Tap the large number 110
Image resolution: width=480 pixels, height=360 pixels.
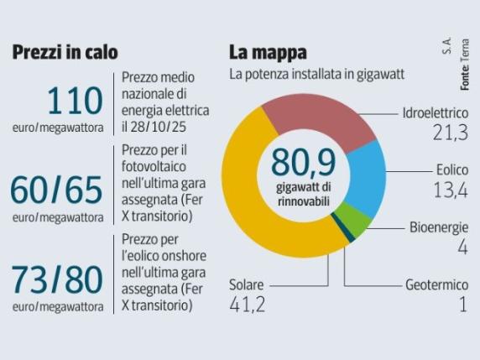tap(76, 102)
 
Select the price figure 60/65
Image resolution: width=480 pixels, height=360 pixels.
tap(57, 190)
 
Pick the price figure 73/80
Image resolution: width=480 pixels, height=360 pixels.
tap(57, 278)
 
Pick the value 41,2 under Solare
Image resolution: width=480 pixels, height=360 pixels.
tap(248, 305)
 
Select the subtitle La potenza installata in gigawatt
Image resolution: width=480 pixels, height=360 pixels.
tap(317, 75)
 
